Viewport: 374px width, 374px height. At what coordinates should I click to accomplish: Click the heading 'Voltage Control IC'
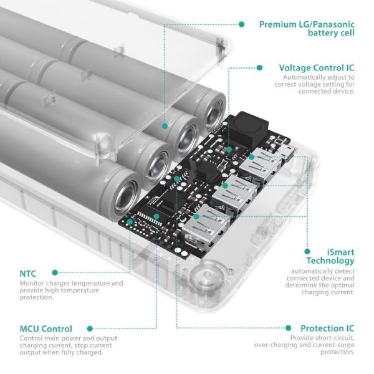click(x=317, y=67)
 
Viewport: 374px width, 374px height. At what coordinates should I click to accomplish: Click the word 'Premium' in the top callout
click(x=276, y=24)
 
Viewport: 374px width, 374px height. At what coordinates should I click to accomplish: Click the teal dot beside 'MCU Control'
click(x=90, y=328)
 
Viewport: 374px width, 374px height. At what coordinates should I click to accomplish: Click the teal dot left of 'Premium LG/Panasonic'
click(x=241, y=24)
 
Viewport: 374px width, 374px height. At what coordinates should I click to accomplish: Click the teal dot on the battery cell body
click(x=165, y=125)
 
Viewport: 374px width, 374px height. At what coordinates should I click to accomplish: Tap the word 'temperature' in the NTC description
click(x=102, y=283)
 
